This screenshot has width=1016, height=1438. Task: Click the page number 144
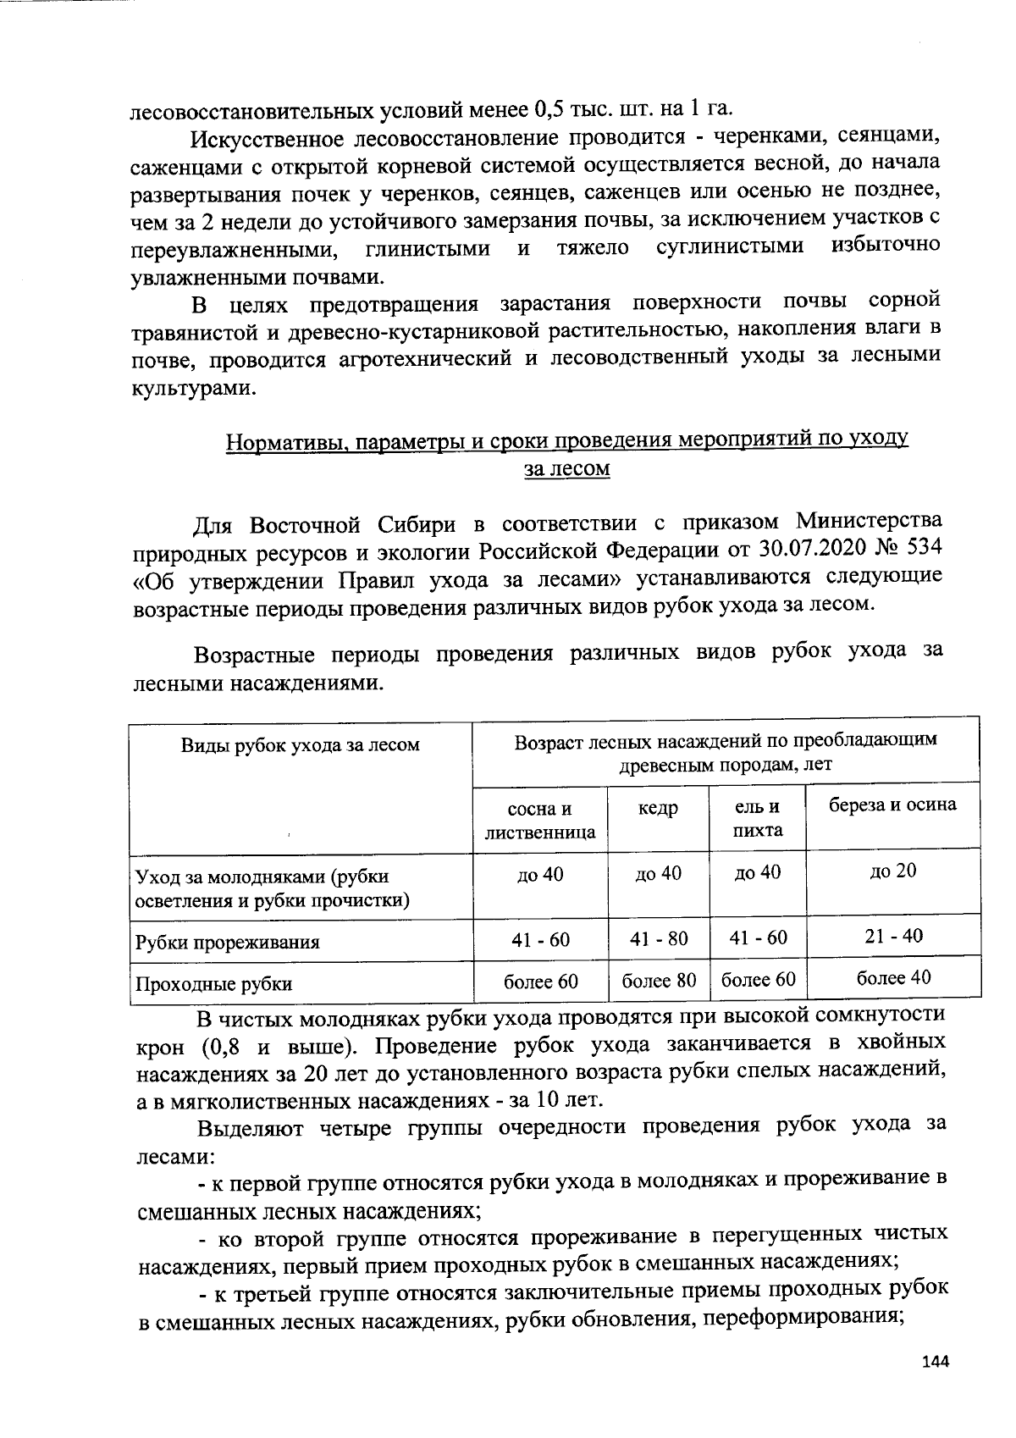[x=936, y=1362]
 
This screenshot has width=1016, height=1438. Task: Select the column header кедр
[x=658, y=809]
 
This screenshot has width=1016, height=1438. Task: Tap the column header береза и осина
[x=892, y=805]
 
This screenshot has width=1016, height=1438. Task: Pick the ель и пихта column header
[x=757, y=819]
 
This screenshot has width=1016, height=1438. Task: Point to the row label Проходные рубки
[x=214, y=984]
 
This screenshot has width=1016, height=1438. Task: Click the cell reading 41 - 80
[x=659, y=939]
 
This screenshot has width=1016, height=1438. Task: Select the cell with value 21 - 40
[x=894, y=936]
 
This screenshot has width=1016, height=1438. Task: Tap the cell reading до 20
[x=892, y=871]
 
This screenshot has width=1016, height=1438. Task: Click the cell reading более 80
[x=659, y=981]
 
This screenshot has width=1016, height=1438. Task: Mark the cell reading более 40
[x=893, y=977]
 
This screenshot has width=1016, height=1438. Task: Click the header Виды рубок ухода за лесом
[x=301, y=745]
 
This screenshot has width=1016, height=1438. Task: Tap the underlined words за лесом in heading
[x=567, y=468]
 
